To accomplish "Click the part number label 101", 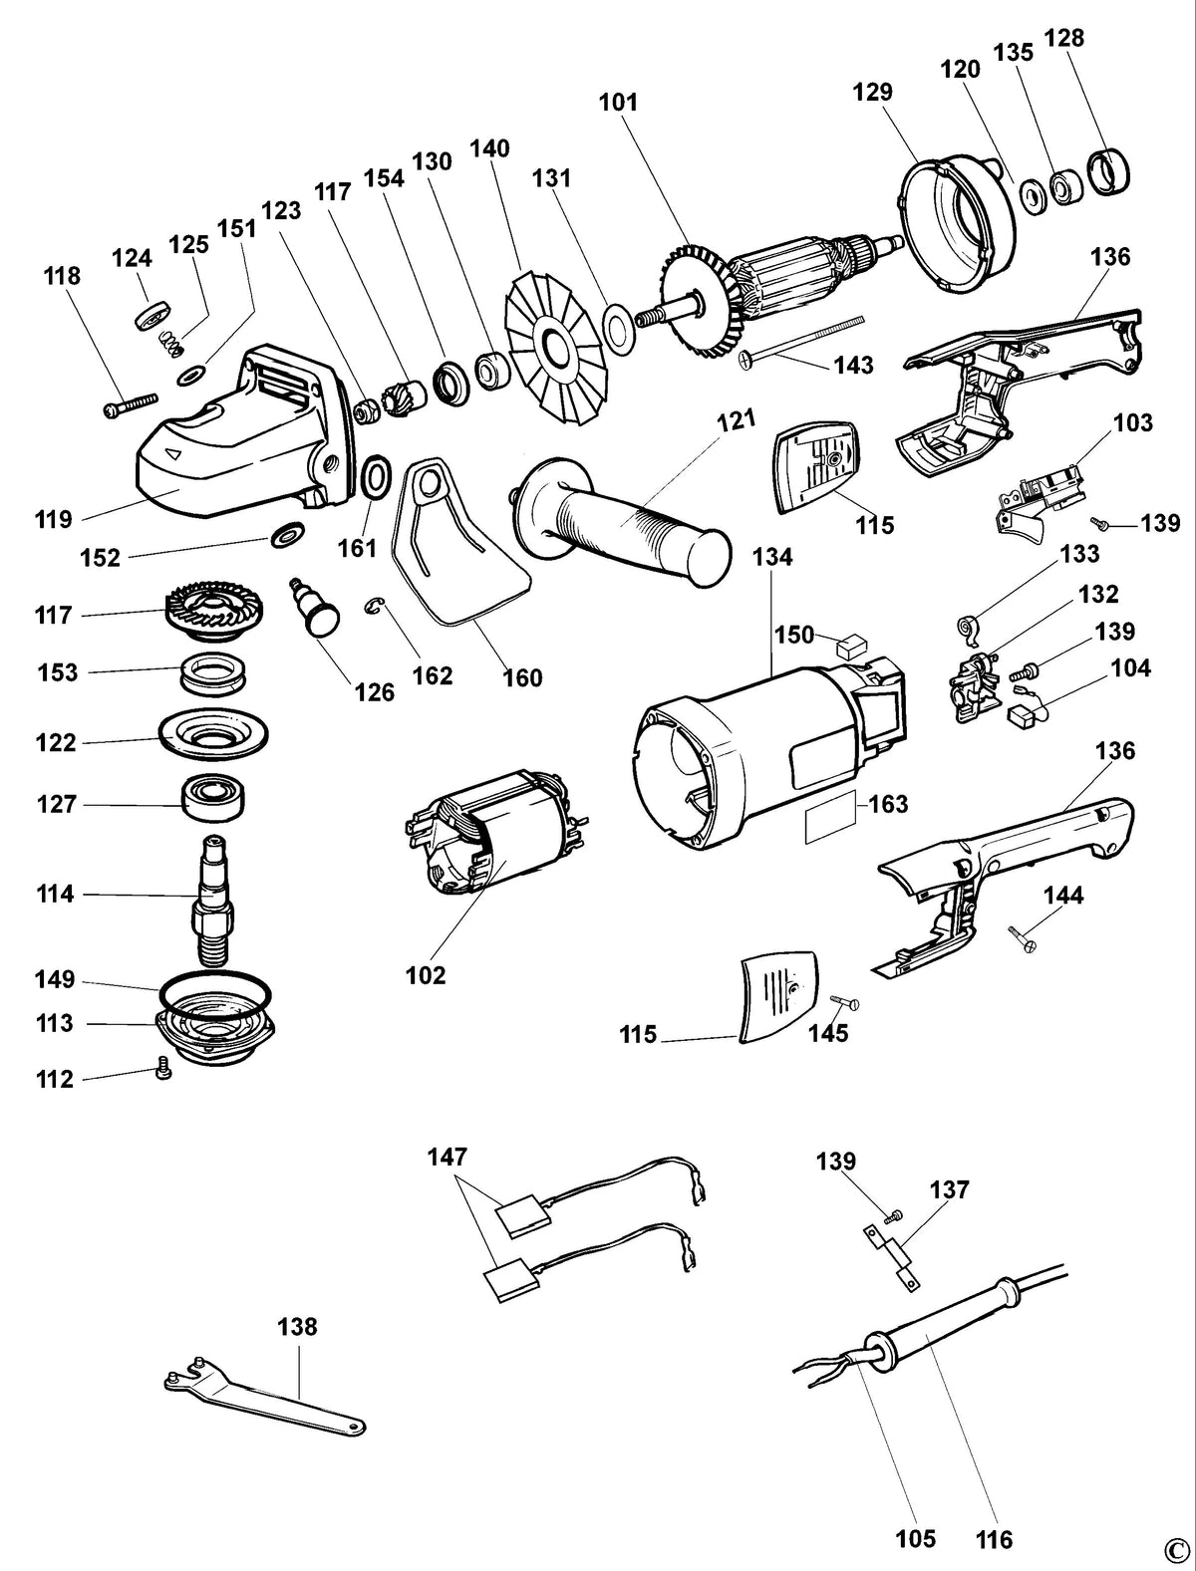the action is click(x=618, y=103).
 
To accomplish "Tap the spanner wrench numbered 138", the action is click(x=265, y=1392).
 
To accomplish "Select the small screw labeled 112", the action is click(x=163, y=1069).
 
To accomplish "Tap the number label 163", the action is click(x=888, y=804).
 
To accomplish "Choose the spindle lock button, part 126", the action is click(x=314, y=604).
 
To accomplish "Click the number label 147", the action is click(x=448, y=1157).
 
